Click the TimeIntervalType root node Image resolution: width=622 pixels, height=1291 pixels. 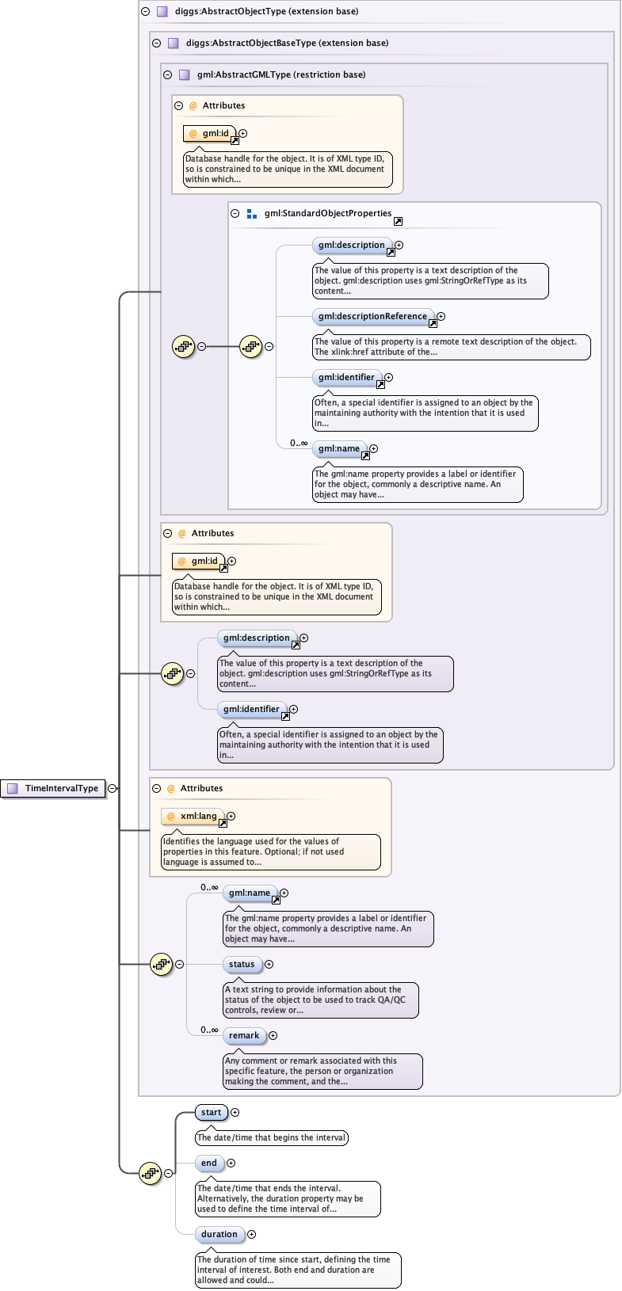[54, 789]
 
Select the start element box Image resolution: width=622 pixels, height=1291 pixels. [211, 1113]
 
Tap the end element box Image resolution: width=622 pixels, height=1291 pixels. [209, 1163]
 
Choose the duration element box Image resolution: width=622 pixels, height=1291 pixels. [219, 1235]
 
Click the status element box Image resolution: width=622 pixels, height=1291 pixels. [242, 965]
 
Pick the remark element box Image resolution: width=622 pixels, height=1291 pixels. [244, 1036]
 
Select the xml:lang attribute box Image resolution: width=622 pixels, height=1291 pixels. [193, 817]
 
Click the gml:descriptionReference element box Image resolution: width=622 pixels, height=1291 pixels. [372, 317]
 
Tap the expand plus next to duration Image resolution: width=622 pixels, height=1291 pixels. [251, 1235]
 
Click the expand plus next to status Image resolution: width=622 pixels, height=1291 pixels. [269, 965]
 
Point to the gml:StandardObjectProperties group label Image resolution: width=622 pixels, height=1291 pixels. [328, 214]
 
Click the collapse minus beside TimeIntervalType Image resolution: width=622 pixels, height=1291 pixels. [113, 789]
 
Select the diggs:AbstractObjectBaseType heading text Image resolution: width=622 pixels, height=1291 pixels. [287, 44]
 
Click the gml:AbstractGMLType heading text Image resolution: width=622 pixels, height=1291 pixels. [281, 75]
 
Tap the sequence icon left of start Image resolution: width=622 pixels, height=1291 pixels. [150, 1173]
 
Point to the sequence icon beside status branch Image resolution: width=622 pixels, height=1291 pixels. [161, 965]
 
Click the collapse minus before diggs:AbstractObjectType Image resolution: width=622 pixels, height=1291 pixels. [145, 12]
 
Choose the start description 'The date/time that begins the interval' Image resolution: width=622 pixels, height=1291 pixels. [272, 1138]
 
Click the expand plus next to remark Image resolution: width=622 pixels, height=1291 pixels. [273, 1036]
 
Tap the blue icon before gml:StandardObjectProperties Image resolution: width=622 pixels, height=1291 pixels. [252, 214]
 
